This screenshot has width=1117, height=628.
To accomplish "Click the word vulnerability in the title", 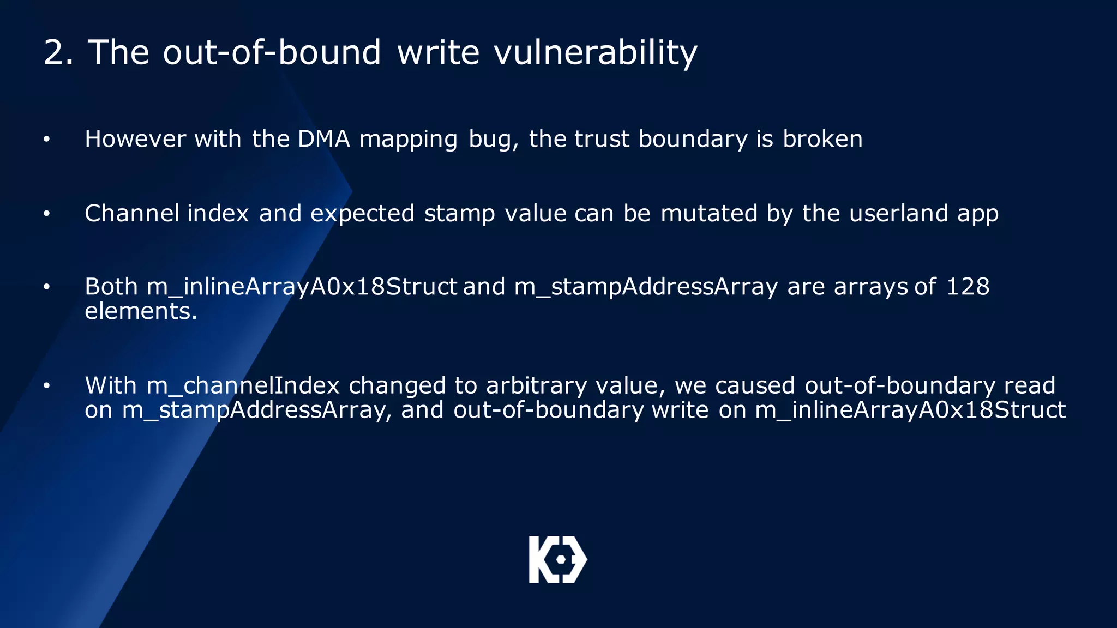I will click(x=595, y=53).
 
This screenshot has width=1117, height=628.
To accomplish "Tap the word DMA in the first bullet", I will click(x=323, y=139).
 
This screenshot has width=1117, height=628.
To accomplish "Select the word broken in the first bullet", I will click(x=822, y=139).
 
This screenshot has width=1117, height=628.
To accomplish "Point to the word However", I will click(x=135, y=139).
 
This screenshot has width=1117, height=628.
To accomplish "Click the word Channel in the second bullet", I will click(x=132, y=213).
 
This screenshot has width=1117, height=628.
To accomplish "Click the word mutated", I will click(x=709, y=213).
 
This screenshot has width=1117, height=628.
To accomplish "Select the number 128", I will click(x=968, y=287).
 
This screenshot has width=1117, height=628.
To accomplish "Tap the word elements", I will click(x=141, y=311).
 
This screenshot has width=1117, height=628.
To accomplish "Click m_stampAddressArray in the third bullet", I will click(x=646, y=287).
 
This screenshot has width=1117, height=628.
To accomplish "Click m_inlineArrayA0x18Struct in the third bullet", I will click(x=301, y=287).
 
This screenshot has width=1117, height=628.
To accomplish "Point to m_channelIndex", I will click(x=243, y=385).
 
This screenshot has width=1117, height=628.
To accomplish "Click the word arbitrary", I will click(x=536, y=385).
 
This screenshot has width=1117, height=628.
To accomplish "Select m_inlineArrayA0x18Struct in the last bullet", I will click(x=910, y=410).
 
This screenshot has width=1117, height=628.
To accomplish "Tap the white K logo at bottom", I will click(x=557, y=559).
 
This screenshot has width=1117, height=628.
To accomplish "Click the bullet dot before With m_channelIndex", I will click(x=47, y=386).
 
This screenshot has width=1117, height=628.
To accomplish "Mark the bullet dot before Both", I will click(x=47, y=287).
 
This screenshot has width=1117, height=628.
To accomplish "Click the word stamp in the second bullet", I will click(x=459, y=213).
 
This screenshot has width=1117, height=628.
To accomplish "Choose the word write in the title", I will click(x=439, y=53).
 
